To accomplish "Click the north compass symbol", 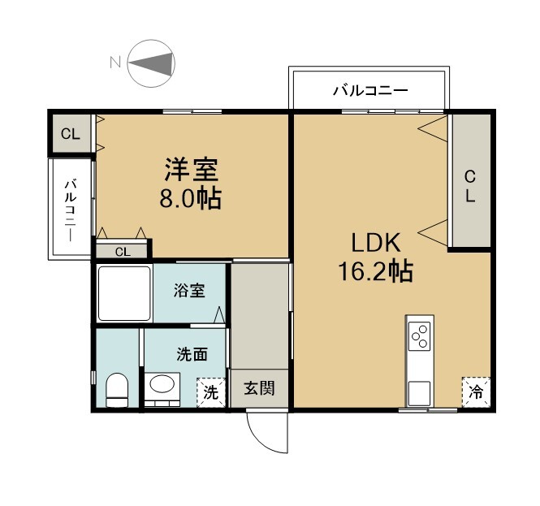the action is click(x=151, y=63).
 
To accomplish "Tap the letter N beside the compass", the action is click(x=115, y=63).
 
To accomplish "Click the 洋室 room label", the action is click(x=191, y=170).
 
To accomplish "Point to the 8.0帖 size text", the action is click(x=190, y=199).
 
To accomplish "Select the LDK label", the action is click(x=376, y=243).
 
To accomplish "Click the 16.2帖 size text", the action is click(x=376, y=271).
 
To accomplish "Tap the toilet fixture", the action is click(x=116, y=391).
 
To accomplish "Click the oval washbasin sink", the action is click(x=162, y=384).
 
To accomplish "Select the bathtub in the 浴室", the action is click(x=124, y=293).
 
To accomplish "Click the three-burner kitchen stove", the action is click(x=419, y=336).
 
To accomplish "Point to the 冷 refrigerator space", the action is click(x=476, y=392).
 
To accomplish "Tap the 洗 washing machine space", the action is click(x=211, y=392).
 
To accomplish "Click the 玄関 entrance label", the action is click(x=259, y=388).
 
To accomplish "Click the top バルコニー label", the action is click(x=370, y=91).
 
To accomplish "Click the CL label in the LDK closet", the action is click(x=470, y=186).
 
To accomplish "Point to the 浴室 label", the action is click(x=189, y=291).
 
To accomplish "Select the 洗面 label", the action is click(x=192, y=354).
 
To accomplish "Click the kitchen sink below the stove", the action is click(x=419, y=393).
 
